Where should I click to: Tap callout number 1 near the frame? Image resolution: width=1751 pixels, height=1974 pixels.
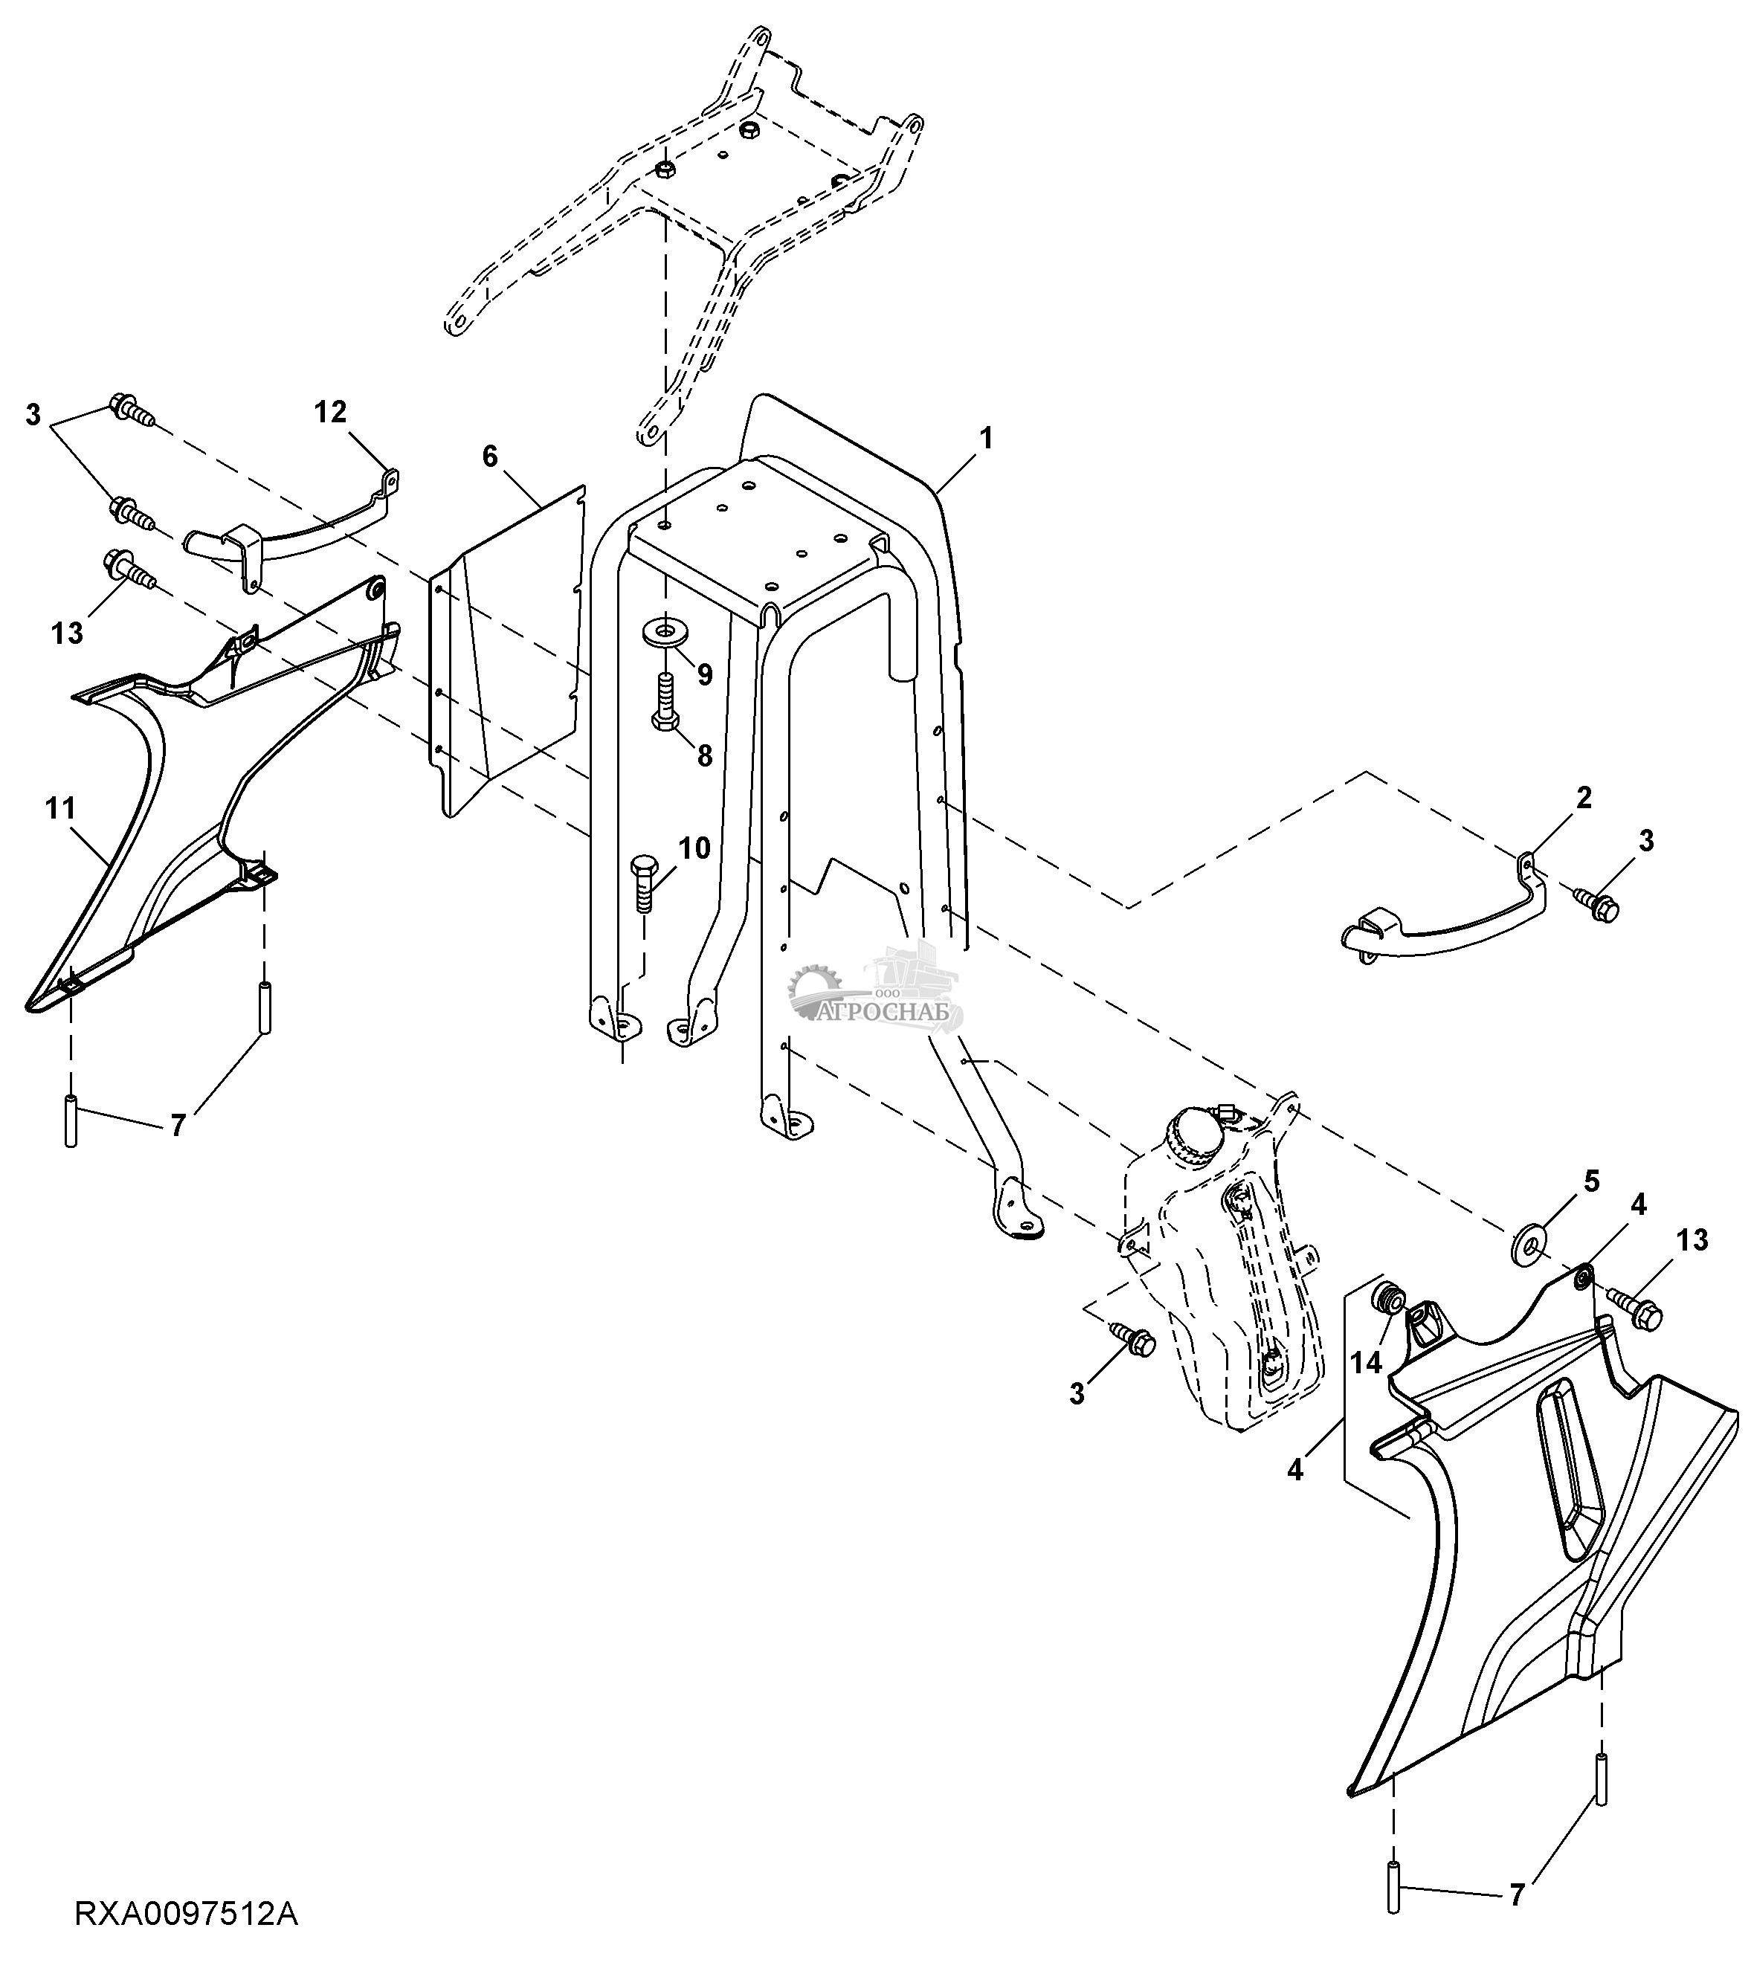pos(985,439)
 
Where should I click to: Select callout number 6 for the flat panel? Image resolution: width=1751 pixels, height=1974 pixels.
pos(491,456)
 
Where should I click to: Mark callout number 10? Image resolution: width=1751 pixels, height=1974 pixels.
pos(694,849)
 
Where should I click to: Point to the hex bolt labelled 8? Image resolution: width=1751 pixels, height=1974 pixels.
pos(665,703)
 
